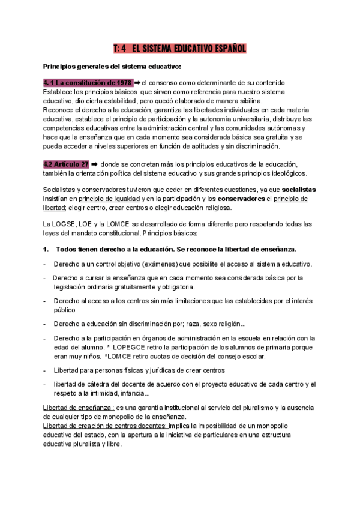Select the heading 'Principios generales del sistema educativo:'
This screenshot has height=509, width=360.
(x=112, y=66)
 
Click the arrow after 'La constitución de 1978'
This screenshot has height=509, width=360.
(x=137, y=82)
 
